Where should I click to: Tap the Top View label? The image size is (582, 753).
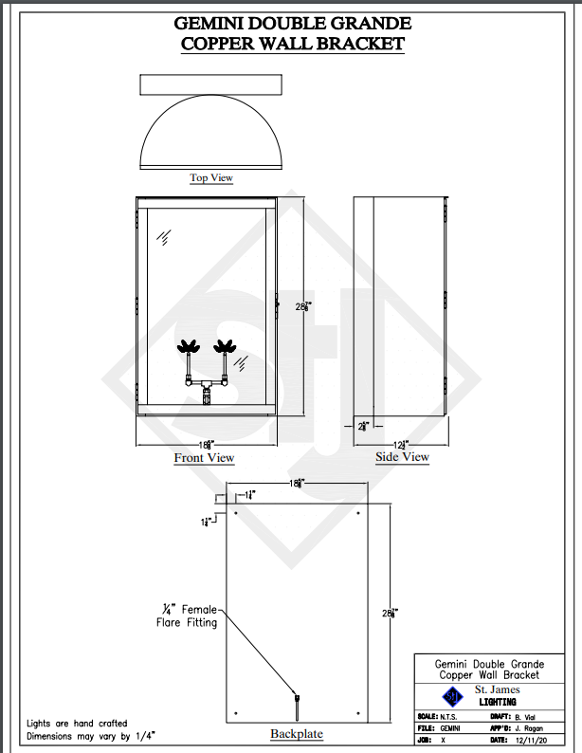(x=210, y=177)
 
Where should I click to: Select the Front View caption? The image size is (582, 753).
(x=204, y=458)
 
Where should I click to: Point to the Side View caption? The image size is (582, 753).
(x=402, y=457)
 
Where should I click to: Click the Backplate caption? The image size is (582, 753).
(x=297, y=733)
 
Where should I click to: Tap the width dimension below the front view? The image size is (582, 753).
(x=206, y=445)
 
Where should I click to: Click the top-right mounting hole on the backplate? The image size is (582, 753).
(x=357, y=513)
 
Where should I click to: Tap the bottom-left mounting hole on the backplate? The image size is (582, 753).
(x=235, y=712)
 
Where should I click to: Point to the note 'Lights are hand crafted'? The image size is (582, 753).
(x=77, y=723)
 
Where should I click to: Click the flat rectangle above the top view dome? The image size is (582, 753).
(x=210, y=83)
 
